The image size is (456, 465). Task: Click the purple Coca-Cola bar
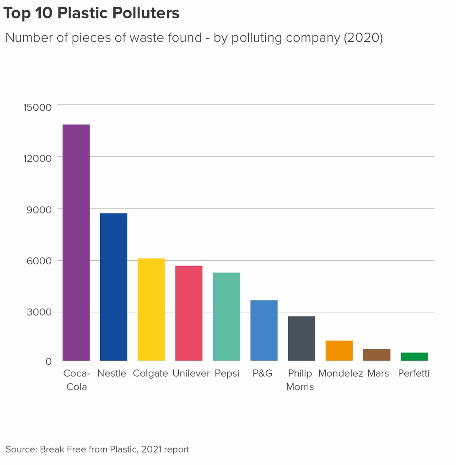coord(76,242)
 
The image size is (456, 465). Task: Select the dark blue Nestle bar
coord(113,287)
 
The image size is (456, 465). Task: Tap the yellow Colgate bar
coord(151,310)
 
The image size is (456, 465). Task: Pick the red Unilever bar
coord(188,313)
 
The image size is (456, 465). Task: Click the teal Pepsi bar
coord(226,316)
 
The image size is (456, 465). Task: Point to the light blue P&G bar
coord(264,330)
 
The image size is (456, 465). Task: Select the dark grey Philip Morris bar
coord(301,338)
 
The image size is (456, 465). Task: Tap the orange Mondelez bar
coord(339,351)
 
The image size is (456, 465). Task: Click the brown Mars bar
coord(376,355)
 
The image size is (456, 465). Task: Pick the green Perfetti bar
coord(414,357)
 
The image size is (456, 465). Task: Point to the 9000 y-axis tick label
coord(39,209)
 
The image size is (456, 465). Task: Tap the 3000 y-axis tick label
coord(39,313)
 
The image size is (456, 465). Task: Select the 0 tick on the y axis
coord(48,362)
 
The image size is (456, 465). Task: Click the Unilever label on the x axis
coord(191,374)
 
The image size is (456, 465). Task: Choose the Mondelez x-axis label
coord(341,374)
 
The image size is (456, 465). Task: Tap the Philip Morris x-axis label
coord(300,380)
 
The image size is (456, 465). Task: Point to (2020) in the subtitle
coord(363,37)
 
